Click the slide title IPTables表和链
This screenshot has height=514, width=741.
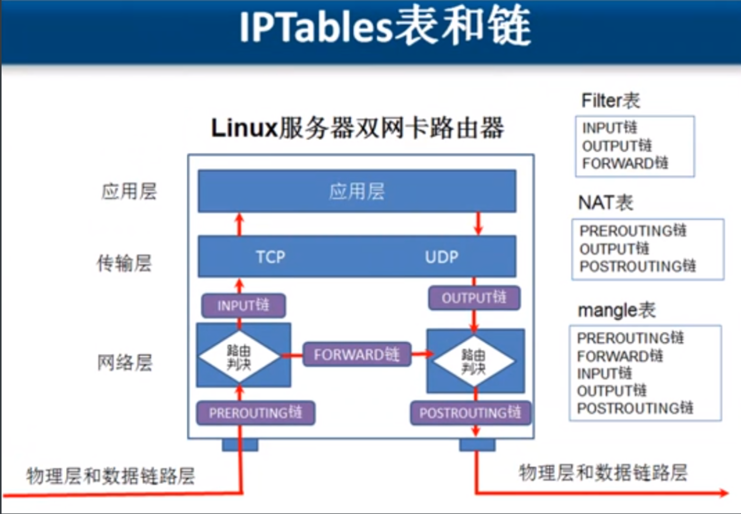tap(385, 26)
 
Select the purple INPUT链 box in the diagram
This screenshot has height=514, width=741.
tap(243, 305)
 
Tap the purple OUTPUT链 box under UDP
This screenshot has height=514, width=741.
tap(474, 298)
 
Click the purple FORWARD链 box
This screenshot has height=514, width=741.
tap(357, 354)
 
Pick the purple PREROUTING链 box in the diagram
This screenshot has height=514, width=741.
tap(255, 413)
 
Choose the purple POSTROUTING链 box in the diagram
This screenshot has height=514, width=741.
tap(470, 413)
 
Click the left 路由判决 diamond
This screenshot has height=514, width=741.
tap(239, 356)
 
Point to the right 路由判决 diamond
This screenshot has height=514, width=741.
tap(473, 361)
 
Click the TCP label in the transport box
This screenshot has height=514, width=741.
tap(271, 256)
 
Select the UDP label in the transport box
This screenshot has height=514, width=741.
tap(442, 256)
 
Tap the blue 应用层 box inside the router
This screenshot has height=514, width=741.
tap(357, 192)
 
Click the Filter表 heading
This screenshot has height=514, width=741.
tap(611, 100)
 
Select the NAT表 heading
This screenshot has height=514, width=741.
tap(606, 202)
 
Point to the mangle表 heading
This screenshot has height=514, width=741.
tap(616, 310)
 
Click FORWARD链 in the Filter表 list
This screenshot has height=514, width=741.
tap(625, 163)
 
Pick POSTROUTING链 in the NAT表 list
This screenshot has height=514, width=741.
tap(638, 266)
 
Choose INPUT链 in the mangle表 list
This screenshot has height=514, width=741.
tap(604, 373)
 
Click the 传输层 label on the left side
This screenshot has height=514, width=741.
tap(125, 263)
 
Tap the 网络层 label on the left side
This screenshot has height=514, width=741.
tap(125, 363)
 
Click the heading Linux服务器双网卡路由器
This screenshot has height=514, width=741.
tap(357, 128)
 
